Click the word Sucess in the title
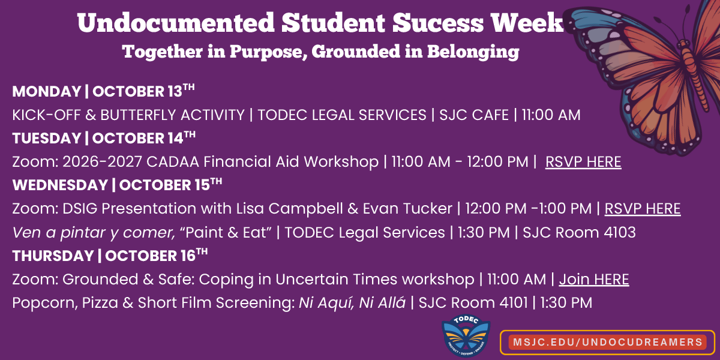pos(438,23)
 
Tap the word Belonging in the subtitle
pos(473,52)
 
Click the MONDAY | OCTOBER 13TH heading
pos(103,91)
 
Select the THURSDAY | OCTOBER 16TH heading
pos(110,256)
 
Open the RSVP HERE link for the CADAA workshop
pos(583,161)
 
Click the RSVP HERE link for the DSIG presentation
pos(643,209)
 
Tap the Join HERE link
pos(594,280)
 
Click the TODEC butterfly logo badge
pos(466,335)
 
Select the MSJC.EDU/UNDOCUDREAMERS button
pos(607,342)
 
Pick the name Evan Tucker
pos(407,209)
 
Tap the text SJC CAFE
pos(474,115)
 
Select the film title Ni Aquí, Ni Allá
pos(352,303)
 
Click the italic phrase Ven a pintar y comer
pos(94,233)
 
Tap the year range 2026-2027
pos(102,161)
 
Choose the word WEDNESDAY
pos(60,185)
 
